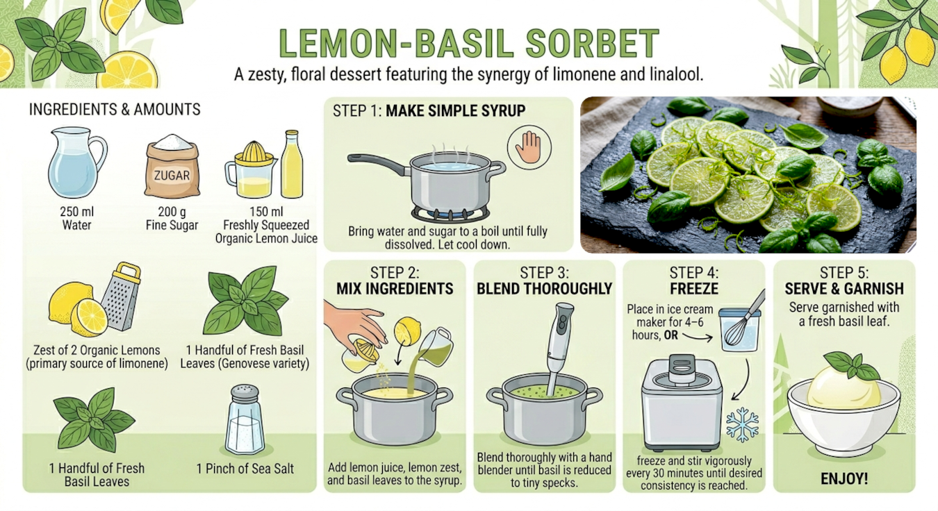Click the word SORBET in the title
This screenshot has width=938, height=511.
593,43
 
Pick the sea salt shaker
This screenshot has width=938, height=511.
245,420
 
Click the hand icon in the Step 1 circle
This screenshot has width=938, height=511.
529,147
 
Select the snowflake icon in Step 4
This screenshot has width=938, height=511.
743,425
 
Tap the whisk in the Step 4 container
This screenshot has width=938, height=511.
746,320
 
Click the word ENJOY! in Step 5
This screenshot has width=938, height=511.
844,478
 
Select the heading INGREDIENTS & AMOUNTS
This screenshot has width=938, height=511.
115,110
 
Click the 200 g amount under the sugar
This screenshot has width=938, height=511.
172,211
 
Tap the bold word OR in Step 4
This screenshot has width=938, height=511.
670,335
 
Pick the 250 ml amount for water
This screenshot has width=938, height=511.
76,211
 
